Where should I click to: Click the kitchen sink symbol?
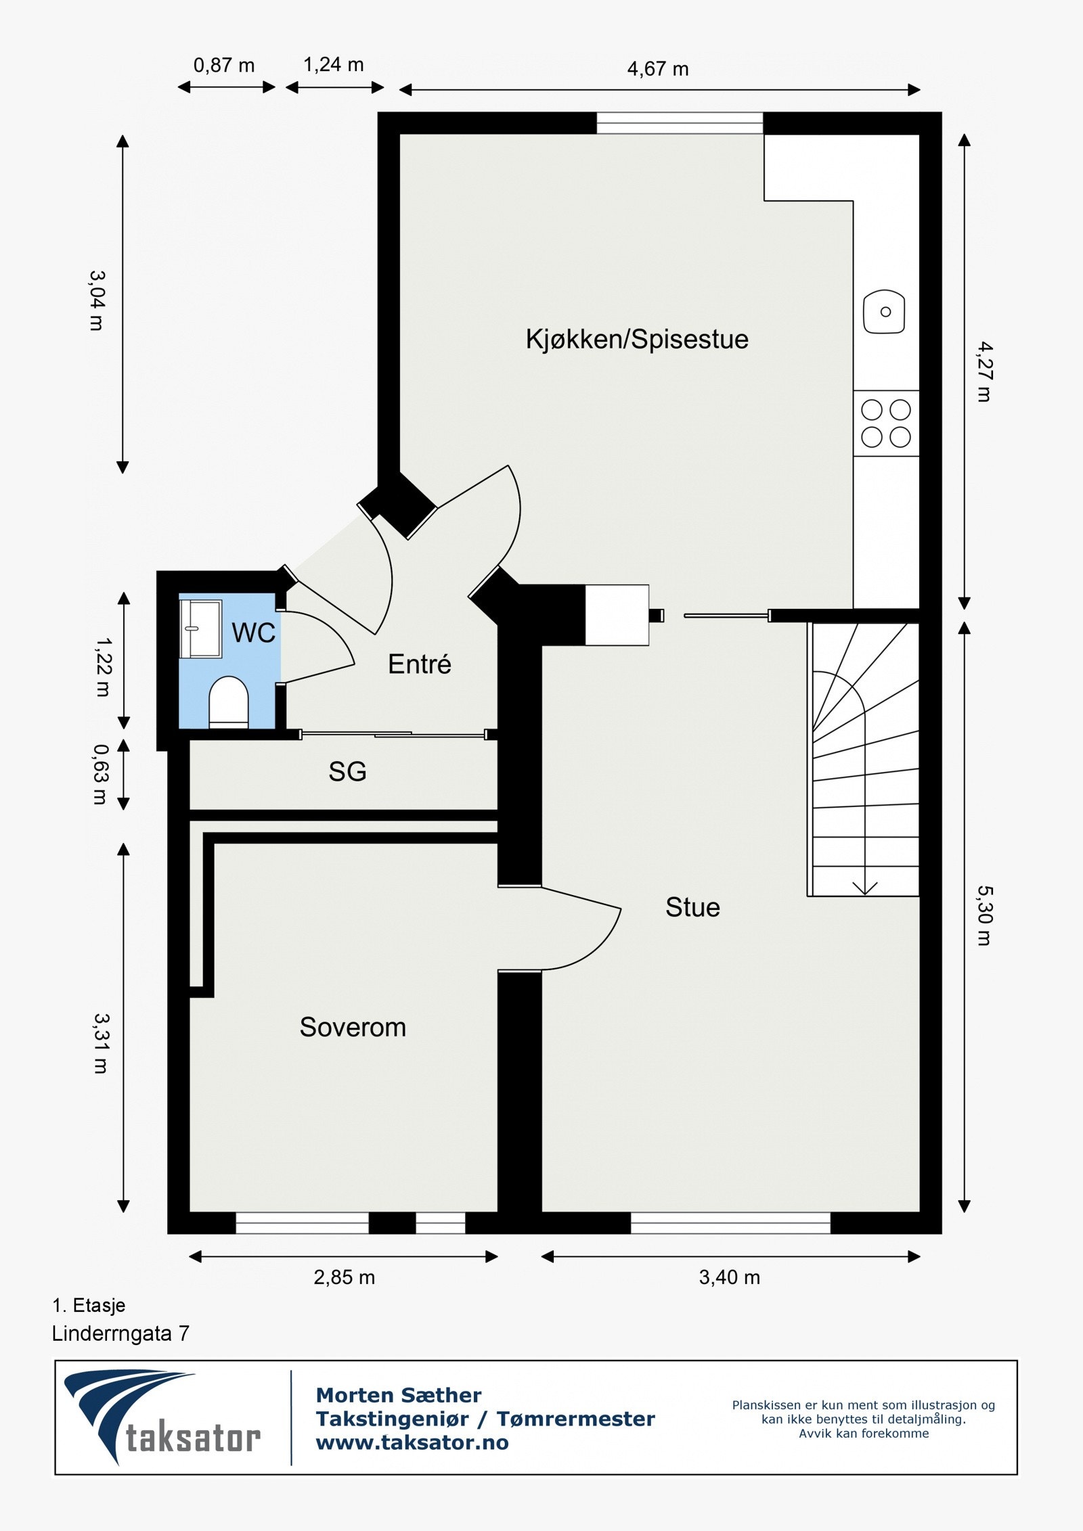click(x=884, y=312)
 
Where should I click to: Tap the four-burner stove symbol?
click(x=885, y=424)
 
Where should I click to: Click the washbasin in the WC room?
click(x=200, y=629)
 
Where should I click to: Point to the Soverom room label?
click(x=353, y=1028)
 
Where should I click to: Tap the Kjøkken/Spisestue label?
click(x=637, y=339)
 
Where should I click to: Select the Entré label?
click(x=419, y=664)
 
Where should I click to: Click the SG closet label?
click(x=347, y=772)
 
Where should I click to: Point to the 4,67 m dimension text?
click(x=657, y=69)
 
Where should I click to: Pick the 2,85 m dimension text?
click(x=344, y=1277)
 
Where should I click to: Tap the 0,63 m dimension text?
click(x=100, y=775)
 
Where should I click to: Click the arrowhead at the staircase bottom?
click(x=864, y=888)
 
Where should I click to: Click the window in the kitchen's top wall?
click(x=680, y=123)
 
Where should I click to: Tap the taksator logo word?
click(x=193, y=1438)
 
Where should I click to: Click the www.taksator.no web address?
click(x=412, y=1442)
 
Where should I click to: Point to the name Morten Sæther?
click(x=399, y=1394)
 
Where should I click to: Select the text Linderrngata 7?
click(x=120, y=1333)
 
